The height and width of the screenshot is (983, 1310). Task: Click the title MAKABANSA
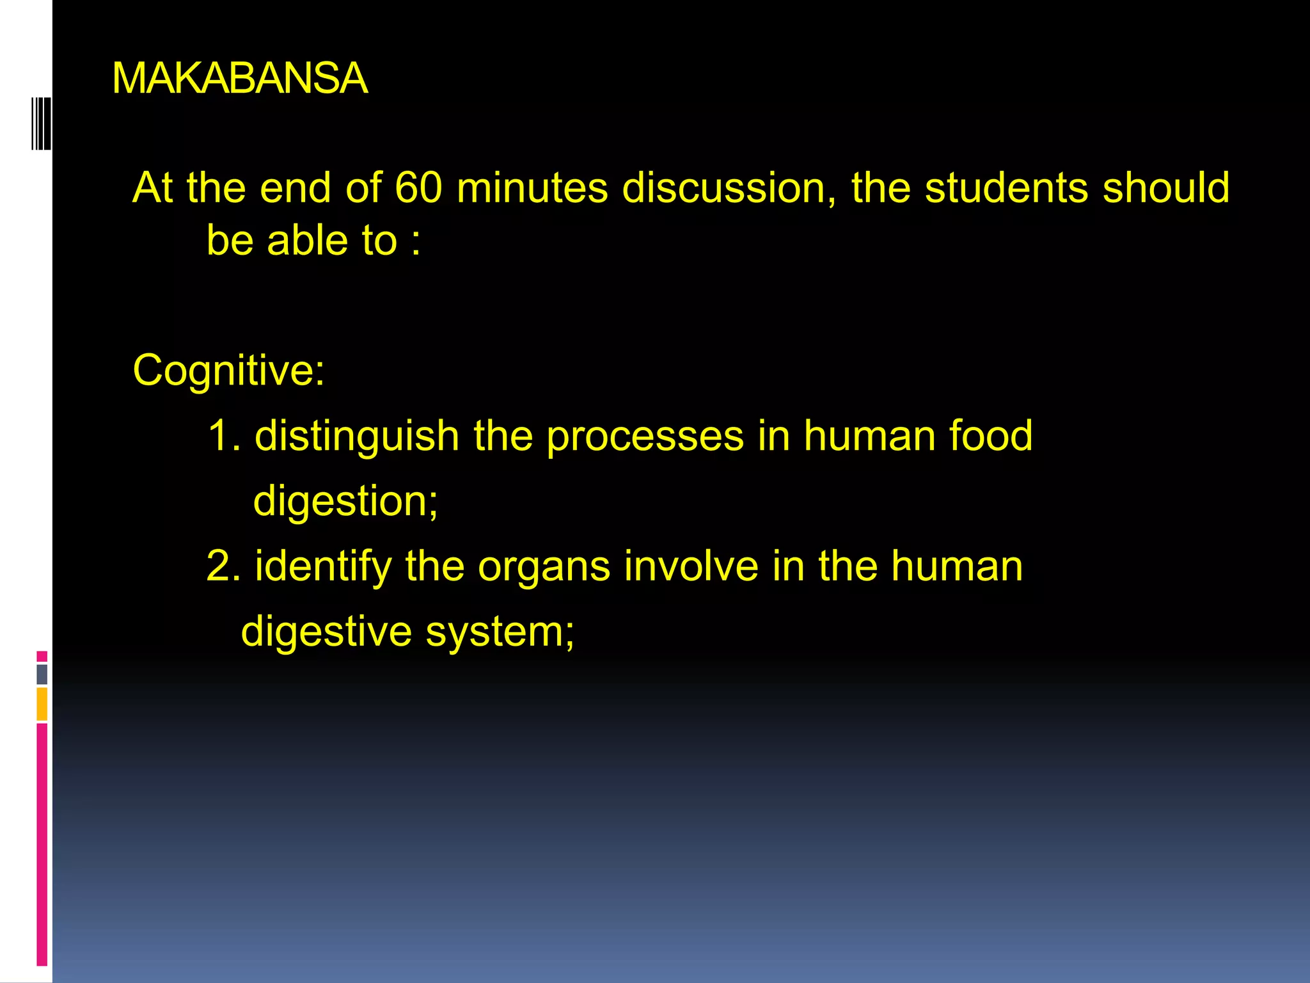point(240,79)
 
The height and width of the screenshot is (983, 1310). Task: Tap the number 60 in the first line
point(418,188)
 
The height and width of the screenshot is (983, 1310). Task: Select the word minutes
point(532,188)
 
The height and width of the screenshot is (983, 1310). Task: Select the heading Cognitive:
point(228,371)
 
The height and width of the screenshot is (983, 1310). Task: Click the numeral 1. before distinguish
point(224,436)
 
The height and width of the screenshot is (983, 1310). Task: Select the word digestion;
point(346,502)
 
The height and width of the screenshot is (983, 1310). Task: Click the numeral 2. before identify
point(223,566)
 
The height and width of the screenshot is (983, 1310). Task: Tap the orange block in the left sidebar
point(42,703)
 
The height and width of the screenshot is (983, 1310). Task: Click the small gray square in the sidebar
point(42,674)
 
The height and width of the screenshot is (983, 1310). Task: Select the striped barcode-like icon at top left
point(42,124)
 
